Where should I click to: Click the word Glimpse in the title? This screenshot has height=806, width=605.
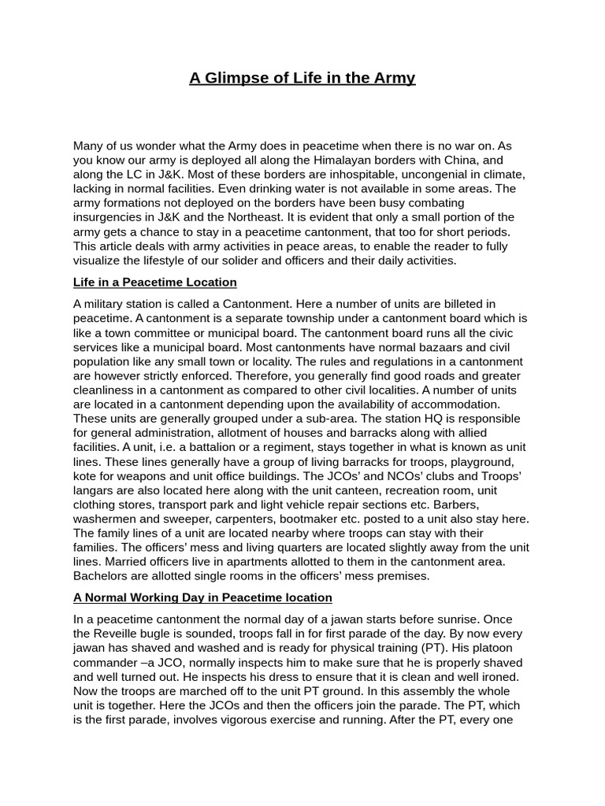(240, 78)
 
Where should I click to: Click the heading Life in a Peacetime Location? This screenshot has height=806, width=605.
(154, 282)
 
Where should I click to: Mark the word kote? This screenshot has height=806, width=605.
(86, 476)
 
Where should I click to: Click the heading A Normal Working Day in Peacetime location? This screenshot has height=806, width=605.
(202, 597)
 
